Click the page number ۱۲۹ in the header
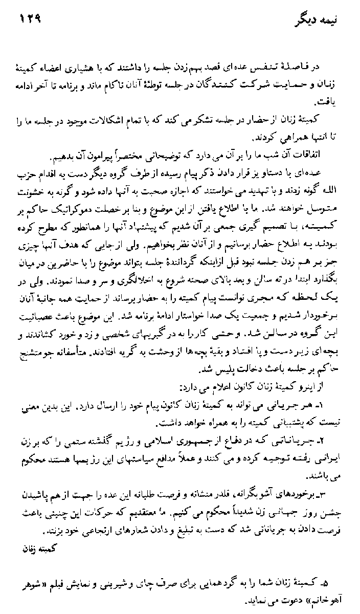[30, 21]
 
